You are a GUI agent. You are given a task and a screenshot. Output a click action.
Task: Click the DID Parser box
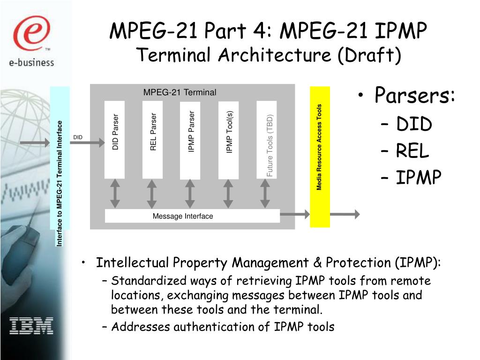pos(114,139)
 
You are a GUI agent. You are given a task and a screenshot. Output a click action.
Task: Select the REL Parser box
pos(152,139)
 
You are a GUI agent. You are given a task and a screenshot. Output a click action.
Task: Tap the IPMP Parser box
pos(190,140)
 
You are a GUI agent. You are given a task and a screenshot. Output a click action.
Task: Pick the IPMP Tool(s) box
pos(228,139)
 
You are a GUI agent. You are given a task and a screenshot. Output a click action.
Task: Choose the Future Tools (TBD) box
pos(266,140)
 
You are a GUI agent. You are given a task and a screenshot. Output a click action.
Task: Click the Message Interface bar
pos(192,216)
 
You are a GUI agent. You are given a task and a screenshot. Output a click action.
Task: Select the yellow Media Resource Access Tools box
pos(320,157)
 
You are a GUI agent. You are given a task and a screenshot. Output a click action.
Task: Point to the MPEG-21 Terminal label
pos(180,92)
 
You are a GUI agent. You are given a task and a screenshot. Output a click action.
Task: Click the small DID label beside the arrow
pos(78,137)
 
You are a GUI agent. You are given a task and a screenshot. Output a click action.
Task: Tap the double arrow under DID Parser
pos(114,194)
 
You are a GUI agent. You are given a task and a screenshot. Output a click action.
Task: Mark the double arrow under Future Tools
pos(265,194)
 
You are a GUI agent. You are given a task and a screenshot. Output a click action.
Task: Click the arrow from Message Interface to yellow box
pos(295,215)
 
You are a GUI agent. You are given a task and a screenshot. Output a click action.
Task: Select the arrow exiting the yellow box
pos(345,215)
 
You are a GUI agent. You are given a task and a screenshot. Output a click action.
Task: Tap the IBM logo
pos(31,325)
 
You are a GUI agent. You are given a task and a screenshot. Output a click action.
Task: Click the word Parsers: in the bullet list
pos(415,96)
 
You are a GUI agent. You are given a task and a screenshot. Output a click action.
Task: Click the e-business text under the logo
pos(31,61)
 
